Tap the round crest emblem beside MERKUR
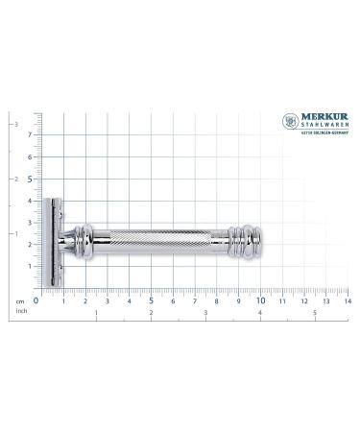point(290,121)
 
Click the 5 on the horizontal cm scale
point(150,300)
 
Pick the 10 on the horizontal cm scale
point(260,300)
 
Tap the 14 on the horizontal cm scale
point(347,300)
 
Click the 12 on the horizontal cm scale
point(303,300)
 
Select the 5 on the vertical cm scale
point(30,178)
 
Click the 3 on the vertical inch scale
point(13,125)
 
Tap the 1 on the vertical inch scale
point(13,233)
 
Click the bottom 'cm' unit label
point(19,301)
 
